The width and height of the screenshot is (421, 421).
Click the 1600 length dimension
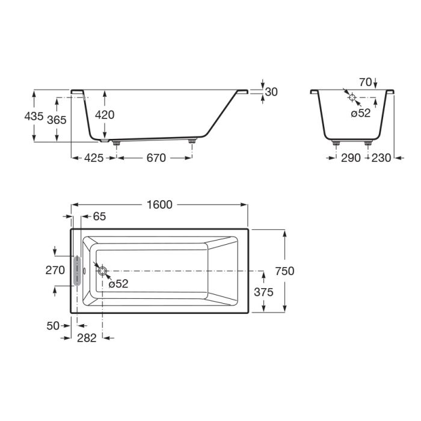[x=159, y=205]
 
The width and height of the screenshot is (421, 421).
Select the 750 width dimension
[x=284, y=271]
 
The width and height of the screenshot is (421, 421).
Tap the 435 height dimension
[x=34, y=116]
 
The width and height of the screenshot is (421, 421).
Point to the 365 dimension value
[x=57, y=120]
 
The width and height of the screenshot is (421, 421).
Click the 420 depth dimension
[x=105, y=115]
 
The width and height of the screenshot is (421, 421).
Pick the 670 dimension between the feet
[x=156, y=158]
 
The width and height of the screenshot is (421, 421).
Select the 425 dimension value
[x=94, y=158]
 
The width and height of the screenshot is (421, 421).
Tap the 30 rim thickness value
[x=271, y=92]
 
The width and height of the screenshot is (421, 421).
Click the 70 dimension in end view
[x=366, y=82]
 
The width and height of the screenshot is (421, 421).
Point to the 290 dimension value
[x=351, y=158]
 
